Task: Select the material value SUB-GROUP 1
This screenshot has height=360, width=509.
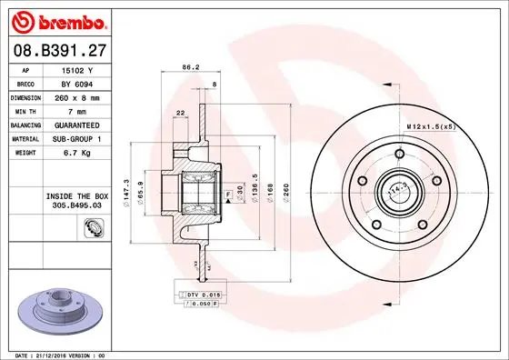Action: [x=77, y=138]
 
